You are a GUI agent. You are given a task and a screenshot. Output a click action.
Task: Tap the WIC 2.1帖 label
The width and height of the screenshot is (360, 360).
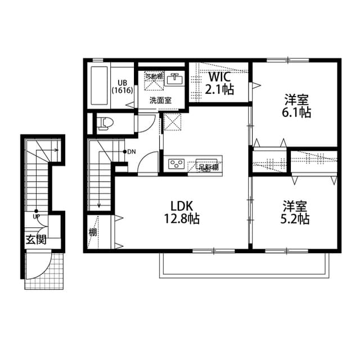tap(220, 83)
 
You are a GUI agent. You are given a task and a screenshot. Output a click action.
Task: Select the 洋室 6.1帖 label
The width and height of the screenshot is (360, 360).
tap(296, 106)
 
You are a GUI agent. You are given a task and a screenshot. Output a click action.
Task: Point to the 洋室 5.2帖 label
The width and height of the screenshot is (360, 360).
tap(295, 212)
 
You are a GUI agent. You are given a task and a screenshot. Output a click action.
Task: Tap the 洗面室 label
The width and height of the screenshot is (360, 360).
tap(160, 101)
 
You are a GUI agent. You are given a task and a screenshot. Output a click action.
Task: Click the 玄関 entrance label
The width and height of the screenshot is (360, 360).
tap(35, 240)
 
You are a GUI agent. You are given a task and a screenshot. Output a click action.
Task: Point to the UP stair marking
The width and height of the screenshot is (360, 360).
tap(36, 216)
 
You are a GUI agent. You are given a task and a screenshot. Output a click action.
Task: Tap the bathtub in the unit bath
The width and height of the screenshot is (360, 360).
tap(99, 85)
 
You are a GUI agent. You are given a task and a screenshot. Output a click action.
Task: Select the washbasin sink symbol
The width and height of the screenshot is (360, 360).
tap(174, 78)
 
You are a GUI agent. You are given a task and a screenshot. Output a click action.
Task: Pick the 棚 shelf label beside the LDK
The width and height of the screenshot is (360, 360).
tap(92, 232)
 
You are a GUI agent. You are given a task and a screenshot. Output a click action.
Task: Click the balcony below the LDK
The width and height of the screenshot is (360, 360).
tap(242, 264)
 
